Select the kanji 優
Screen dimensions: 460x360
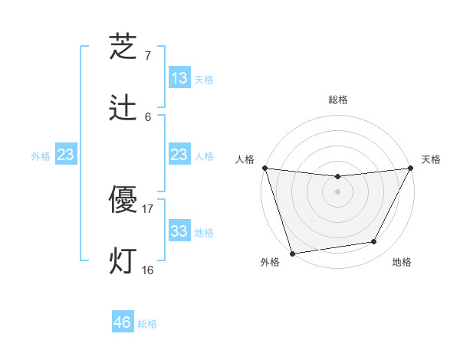point(123,200)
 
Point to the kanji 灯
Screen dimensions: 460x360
point(123,261)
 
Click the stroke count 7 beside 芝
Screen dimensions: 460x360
point(148,55)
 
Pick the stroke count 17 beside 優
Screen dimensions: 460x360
point(148,208)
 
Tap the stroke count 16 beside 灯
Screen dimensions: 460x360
point(148,270)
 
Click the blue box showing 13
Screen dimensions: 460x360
point(179,78)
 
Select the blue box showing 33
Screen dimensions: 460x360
point(179,231)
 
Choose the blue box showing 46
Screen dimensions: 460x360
point(123,322)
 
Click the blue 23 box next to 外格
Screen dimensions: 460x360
point(66,155)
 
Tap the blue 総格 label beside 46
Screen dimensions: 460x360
point(147,324)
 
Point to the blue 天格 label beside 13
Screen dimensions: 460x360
point(204,80)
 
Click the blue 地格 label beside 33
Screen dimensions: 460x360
point(204,233)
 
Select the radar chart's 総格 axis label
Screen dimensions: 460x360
point(338,100)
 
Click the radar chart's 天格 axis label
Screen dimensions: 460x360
point(431,159)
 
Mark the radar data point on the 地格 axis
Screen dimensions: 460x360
point(374,242)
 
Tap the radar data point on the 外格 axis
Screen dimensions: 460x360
point(292,253)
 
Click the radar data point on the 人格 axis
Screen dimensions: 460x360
point(264,168)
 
